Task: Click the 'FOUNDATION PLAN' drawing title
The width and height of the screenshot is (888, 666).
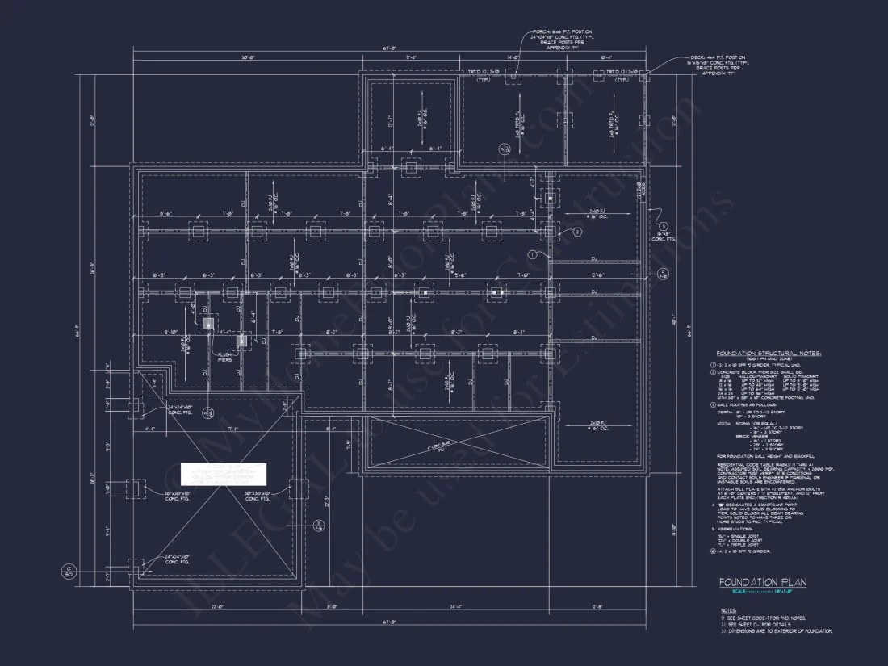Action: click(763, 582)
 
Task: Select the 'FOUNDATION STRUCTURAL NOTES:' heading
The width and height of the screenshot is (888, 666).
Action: click(769, 353)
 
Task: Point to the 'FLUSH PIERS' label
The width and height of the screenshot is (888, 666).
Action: click(224, 357)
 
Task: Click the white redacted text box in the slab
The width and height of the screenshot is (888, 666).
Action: click(225, 475)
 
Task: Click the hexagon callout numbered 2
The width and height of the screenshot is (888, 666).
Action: click(576, 232)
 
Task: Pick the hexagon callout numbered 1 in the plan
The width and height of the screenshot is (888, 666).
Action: click(533, 254)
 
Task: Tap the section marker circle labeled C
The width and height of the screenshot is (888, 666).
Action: click(69, 572)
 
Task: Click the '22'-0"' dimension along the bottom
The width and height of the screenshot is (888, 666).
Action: click(216, 606)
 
